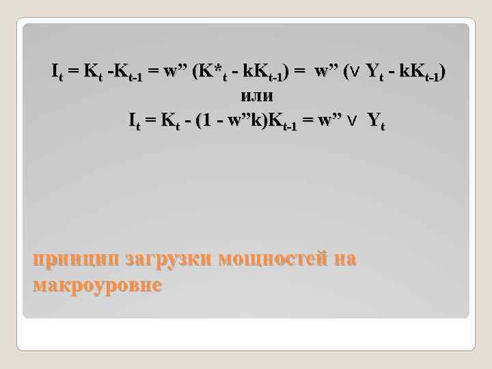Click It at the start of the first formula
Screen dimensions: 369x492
tap(59, 71)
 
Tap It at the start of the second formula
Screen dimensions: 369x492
tap(136, 121)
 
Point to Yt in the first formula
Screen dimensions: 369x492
tap(375, 71)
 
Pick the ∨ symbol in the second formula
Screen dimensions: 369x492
tap(351, 121)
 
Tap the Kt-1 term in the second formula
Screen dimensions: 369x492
tap(281, 122)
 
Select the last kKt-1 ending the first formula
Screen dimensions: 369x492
tap(418, 72)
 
